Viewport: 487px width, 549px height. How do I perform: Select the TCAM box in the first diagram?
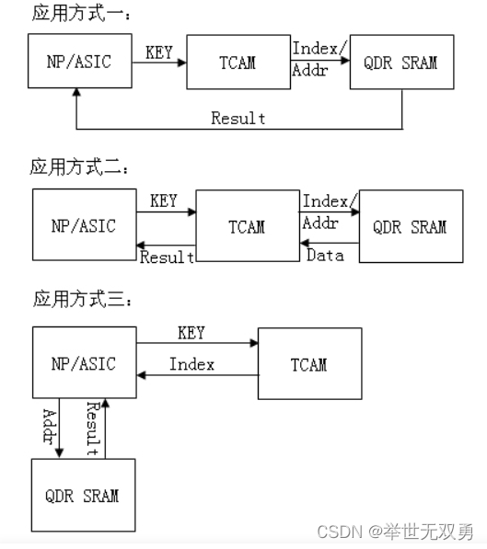[238, 63]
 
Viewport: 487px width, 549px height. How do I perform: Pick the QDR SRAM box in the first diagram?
[401, 63]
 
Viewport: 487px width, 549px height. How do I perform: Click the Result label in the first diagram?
[238, 118]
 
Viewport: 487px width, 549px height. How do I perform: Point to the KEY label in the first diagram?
[160, 51]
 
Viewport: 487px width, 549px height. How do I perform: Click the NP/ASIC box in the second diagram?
[84, 224]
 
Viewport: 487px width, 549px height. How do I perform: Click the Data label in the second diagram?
[324, 254]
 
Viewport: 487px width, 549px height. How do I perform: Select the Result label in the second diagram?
[167, 257]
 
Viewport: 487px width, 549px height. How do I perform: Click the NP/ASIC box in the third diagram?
[84, 363]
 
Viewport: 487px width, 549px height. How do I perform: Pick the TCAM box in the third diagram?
[308, 364]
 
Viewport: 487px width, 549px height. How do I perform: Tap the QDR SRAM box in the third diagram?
[82, 495]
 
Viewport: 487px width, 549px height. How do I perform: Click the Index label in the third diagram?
[191, 365]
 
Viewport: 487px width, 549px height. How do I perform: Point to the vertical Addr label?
[49, 427]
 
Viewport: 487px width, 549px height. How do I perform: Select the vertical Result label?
[92, 429]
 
